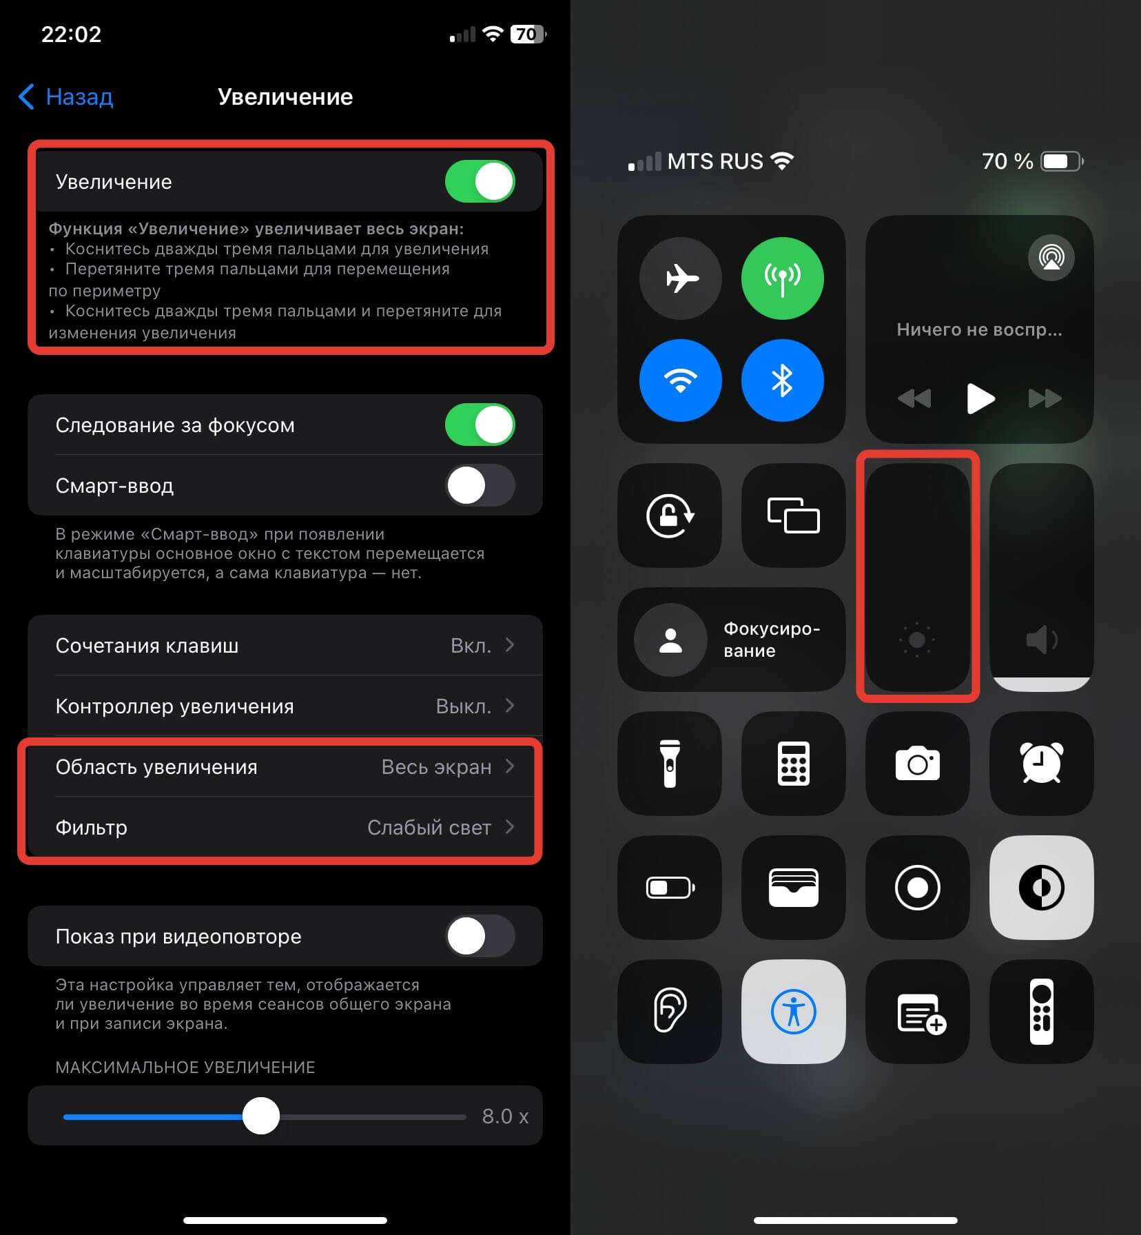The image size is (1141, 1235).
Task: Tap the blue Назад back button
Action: click(65, 96)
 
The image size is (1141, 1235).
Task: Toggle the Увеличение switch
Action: click(480, 182)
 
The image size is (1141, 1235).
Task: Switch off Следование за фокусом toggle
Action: click(480, 425)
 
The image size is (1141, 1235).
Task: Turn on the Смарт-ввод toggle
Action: click(480, 485)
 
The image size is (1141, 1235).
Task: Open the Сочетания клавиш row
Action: click(285, 645)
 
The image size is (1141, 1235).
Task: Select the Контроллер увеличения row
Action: click(285, 706)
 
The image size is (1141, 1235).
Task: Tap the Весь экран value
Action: click(436, 767)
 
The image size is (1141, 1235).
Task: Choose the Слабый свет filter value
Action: click(429, 827)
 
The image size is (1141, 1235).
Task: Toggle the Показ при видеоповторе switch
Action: click(480, 936)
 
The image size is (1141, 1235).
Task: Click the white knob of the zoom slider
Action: click(261, 1116)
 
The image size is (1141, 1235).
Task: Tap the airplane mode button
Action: click(681, 278)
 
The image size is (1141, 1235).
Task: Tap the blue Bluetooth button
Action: click(783, 380)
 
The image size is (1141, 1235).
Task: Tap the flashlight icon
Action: click(670, 764)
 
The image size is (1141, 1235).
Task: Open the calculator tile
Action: click(794, 764)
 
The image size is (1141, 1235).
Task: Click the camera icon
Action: click(918, 763)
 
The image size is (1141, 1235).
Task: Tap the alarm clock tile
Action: click(1042, 764)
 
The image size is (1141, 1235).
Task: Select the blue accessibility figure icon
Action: click(794, 1012)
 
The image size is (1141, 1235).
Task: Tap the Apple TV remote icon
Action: click(1042, 1012)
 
